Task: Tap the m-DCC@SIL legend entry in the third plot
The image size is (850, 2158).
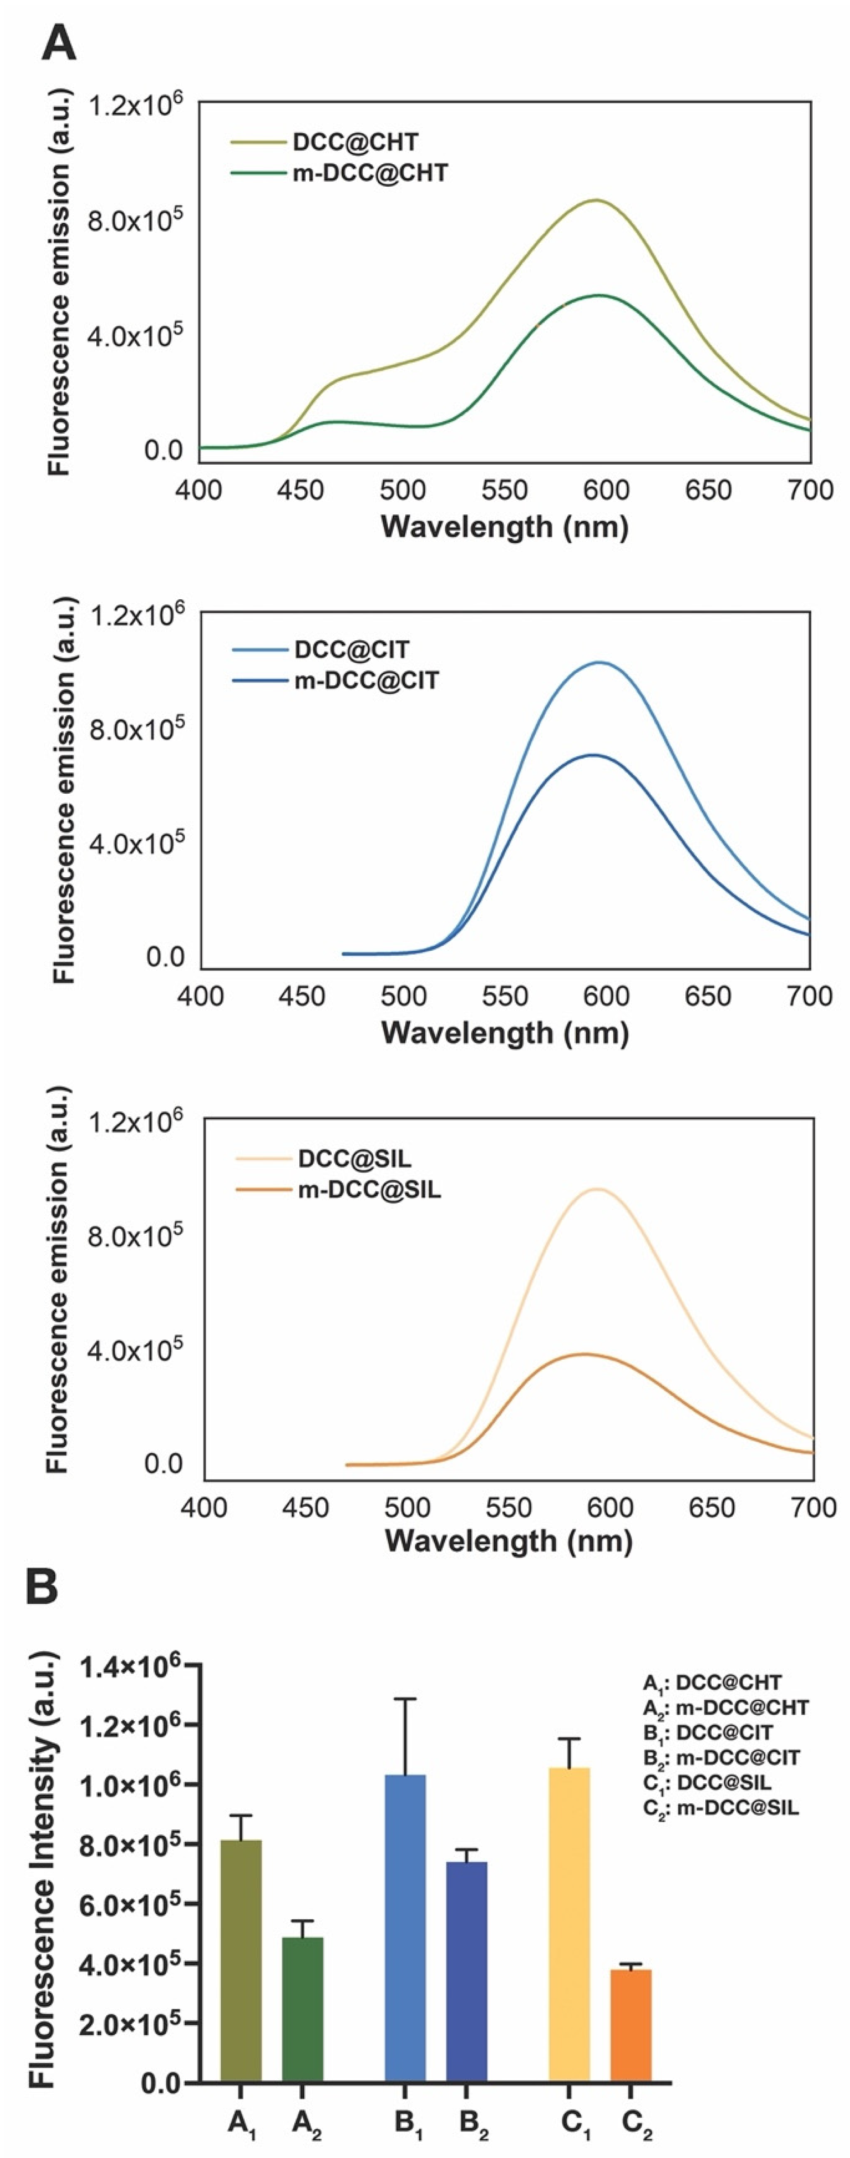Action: click(x=369, y=1189)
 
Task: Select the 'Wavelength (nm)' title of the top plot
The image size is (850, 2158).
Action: click(x=504, y=526)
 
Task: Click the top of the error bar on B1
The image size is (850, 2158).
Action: click(x=405, y=1699)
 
